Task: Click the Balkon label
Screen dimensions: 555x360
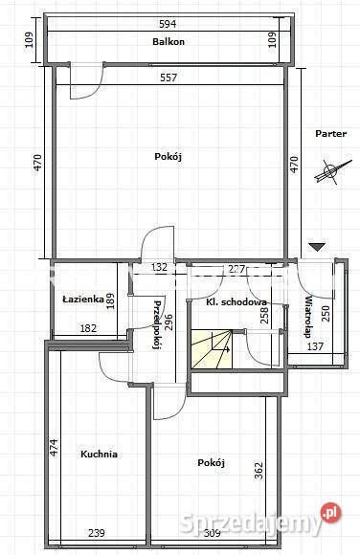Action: point(168,42)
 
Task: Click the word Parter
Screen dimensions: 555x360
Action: point(330,134)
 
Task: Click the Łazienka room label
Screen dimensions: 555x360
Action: point(82,299)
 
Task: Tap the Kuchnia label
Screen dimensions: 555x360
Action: point(100,455)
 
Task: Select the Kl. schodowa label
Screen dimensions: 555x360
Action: point(236,302)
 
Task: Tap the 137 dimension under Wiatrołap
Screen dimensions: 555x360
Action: point(315,345)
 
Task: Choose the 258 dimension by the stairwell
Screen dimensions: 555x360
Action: point(265,311)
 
